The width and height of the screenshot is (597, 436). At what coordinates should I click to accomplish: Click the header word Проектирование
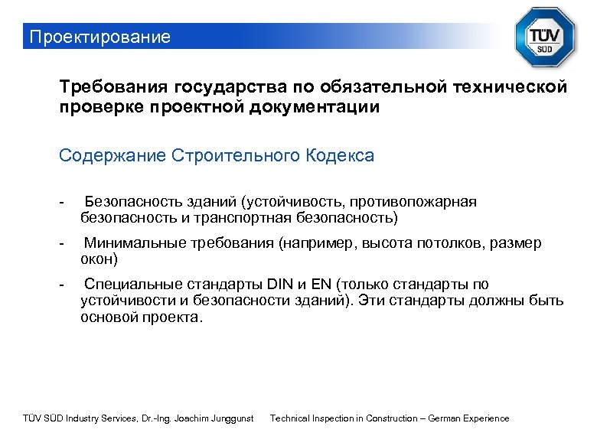[98, 37]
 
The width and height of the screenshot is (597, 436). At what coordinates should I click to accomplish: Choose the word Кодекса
[339, 156]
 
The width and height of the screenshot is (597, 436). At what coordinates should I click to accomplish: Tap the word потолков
[452, 244]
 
